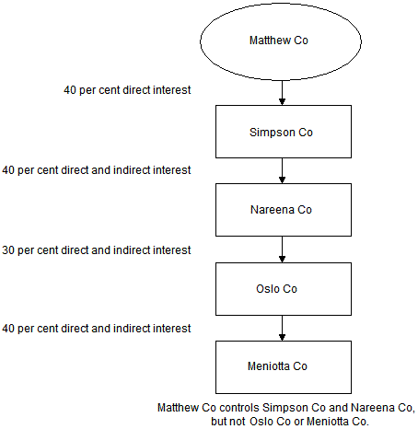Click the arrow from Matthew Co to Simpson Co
pos(282,93)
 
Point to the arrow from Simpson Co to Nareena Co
pos(282,171)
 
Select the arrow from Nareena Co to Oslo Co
pos(282,249)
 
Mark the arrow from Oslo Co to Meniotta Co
pos(282,328)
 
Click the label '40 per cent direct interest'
pos(127,90)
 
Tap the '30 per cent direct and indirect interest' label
pos(97,250)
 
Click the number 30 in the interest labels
pos(8,250)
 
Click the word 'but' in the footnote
pos(218,422)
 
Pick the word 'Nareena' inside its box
pos(273,210)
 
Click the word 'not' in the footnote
pos(238,422)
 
